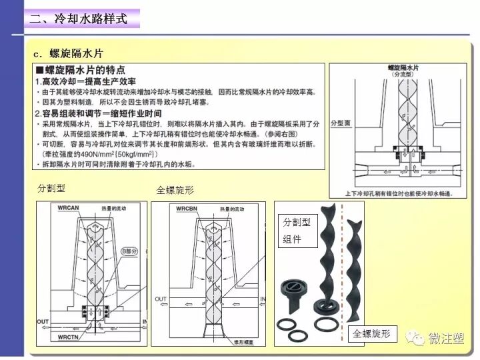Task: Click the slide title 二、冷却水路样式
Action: coord(78,19)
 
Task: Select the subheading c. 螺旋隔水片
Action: coord(69,53)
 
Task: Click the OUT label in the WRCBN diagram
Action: coord(161,299)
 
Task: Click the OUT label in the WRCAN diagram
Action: coord(43,321)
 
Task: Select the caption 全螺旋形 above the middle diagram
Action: coord(175,190)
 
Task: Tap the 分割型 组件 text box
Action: coord(297,231)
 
